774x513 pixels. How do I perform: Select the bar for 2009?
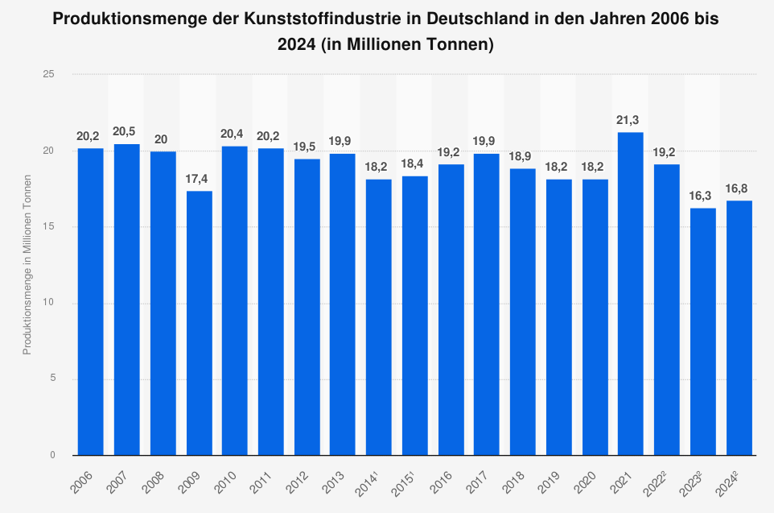click(x=200, y=323)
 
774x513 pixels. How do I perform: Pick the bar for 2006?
click(x=91, y=302)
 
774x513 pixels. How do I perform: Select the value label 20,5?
click(x=126, y=131)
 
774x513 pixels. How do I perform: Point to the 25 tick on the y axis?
click(x=50, y=74)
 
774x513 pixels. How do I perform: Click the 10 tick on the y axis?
click(x=50, y=303)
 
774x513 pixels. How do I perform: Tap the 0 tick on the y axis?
click(x=53, y=455)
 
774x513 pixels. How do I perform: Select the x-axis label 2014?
click(x=371, y=481)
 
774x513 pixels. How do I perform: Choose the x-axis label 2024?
click(x=731, y=481)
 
